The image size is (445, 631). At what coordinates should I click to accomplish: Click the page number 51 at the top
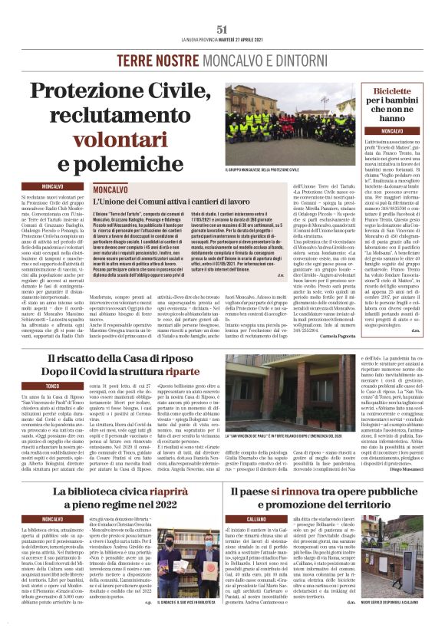[x=222, y=28]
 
